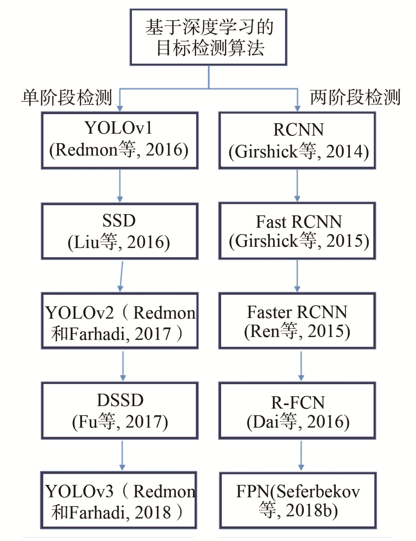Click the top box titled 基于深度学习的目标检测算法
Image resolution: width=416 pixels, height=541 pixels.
pos(208,37)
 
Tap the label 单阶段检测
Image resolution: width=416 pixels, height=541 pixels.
pos(67,97)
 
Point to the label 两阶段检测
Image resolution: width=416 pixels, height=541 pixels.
pos(355,97)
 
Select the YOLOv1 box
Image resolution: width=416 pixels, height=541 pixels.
pos(120,140)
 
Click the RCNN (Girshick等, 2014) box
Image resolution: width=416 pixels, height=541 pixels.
pos(297,141)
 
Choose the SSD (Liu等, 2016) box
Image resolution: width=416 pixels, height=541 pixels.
pos(120,231)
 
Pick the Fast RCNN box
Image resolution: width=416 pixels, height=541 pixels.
pos(297,231)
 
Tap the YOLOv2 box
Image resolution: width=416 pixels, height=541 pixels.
pos(120,321)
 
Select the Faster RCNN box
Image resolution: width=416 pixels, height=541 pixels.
pos(297,321)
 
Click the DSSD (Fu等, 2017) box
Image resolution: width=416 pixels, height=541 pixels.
pos(120,410)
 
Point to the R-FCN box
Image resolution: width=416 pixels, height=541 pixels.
pos(297,410)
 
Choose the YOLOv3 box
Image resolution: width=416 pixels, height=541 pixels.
pos(119,500)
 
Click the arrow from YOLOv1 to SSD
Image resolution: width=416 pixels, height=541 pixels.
pos(120,186)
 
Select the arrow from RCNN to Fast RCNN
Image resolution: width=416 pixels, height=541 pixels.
pos(297,185)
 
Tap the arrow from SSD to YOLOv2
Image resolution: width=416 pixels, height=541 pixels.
pos(121,276)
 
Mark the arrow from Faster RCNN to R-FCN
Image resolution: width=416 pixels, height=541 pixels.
pos(301,366)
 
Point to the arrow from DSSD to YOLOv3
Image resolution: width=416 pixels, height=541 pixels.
pos(122,456)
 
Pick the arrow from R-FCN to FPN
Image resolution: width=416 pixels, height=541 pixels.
pos(301,456)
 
